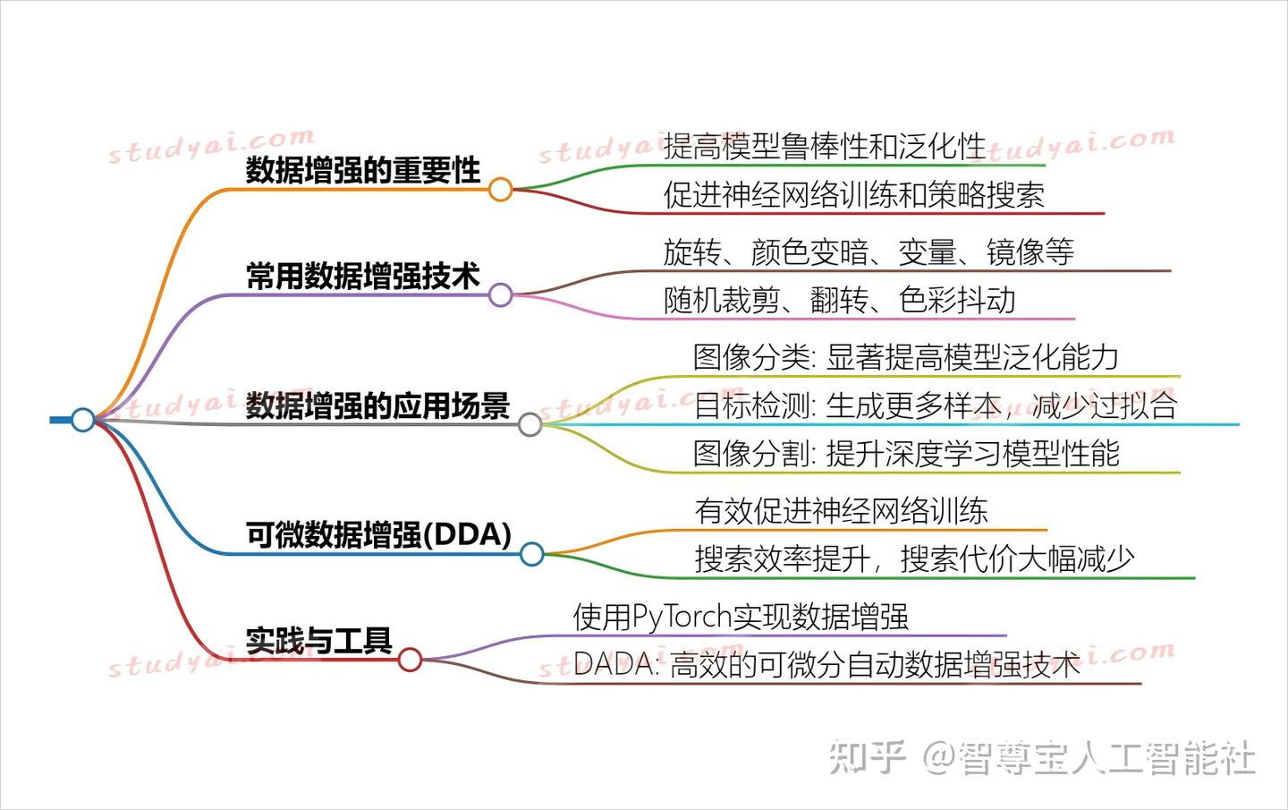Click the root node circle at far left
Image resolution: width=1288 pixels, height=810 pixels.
[82, 419]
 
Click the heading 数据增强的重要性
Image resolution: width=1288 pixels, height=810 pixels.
[362, 169]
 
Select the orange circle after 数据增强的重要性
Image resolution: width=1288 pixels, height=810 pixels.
[500, 189]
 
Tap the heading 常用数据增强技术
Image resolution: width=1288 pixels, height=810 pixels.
[362, 276]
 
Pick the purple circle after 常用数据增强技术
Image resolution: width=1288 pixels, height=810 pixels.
[500, 294]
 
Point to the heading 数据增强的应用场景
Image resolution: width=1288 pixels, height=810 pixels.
[377, 405]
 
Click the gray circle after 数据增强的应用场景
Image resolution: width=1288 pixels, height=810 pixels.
[530, 424]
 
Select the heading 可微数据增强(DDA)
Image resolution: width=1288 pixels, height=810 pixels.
[378, 534]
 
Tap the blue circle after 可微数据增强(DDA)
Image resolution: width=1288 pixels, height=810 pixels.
[531, 554]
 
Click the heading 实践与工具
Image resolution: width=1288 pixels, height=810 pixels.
[318, 641]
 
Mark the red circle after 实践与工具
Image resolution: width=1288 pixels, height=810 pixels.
[410, 661]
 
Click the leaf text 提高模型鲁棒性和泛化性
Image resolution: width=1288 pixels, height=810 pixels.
[824, 146]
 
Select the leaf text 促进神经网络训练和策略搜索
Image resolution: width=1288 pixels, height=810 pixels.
[853, 195]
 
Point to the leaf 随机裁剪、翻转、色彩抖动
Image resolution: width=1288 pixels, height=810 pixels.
[839, 300]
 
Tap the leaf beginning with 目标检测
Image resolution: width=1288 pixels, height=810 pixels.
[935, 405]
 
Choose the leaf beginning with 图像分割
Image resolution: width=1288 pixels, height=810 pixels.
[906, 454]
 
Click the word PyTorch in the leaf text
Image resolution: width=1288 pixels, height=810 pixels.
[682, 617]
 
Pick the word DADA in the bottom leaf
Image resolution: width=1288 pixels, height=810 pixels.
[613, 665]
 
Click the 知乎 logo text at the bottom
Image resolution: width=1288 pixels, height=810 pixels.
[867, 757]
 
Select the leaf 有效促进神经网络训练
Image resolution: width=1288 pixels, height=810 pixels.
[841, 511]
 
